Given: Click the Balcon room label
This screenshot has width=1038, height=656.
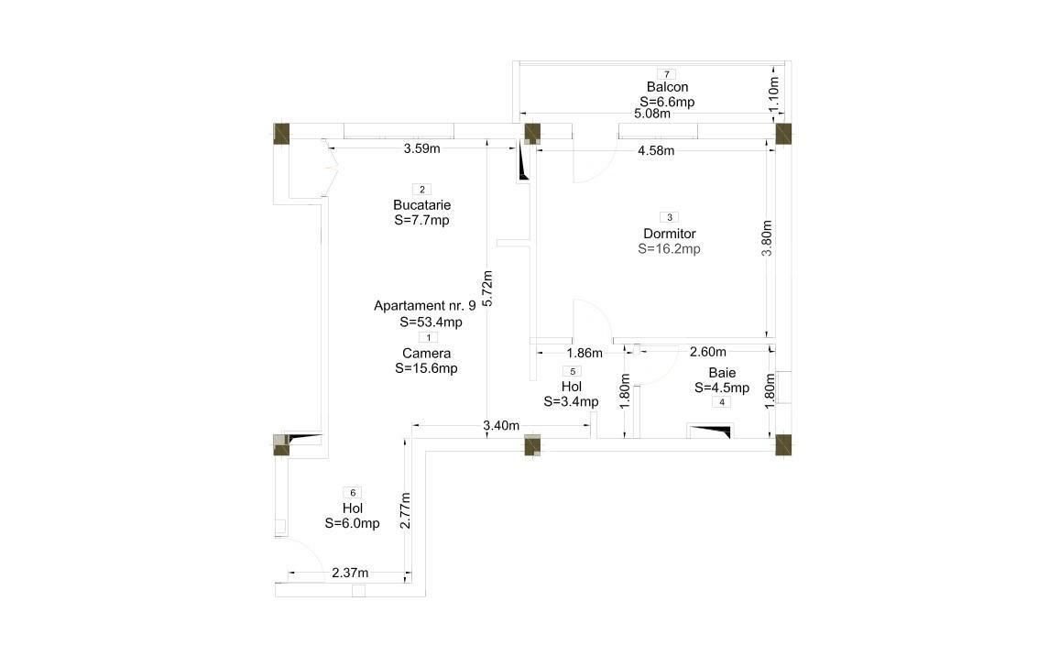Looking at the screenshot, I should pyautogui.click(x=667, y=88).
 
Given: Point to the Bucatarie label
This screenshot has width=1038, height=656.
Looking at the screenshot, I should pyautogui.click(x=421, y=204).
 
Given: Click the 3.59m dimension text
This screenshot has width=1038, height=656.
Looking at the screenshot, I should pyautogui.click(x=421, y=148).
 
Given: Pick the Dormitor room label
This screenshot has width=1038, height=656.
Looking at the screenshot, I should pyautogui.click(x=670, y=234).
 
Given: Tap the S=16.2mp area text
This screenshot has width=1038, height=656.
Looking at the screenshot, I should pyautogui.click(x=670, y=248).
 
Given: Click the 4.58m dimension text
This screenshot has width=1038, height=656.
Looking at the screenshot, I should pyautogui.click(x=655, y=150).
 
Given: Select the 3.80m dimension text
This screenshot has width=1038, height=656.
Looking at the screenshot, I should pyautogui.click(x=768, y=238).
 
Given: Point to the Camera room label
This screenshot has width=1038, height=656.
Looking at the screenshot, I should pyautogui.click(x=426, y=353).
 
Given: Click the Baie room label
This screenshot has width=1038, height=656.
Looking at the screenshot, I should pyautogui.click(x=722, y=373).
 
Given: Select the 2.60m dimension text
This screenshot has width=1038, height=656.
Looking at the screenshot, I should pyautogui.click(x=707, y=352).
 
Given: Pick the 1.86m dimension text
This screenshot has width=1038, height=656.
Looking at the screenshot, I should pyautogui.click(x=585, y=353).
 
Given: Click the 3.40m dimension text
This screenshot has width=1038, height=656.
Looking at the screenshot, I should pyautogui.click(x=500, y=425).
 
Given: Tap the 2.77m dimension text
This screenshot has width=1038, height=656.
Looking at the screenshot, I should pyautogui.click(x=406, y=510).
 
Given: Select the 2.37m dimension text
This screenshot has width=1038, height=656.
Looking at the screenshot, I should pyautogui.click(x=350, y=574).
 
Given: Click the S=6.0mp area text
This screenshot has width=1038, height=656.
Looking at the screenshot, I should pyautogui.click(x=352, y=523).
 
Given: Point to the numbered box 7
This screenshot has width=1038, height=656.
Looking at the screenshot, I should pyautogui.click(x=667, y=74).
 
